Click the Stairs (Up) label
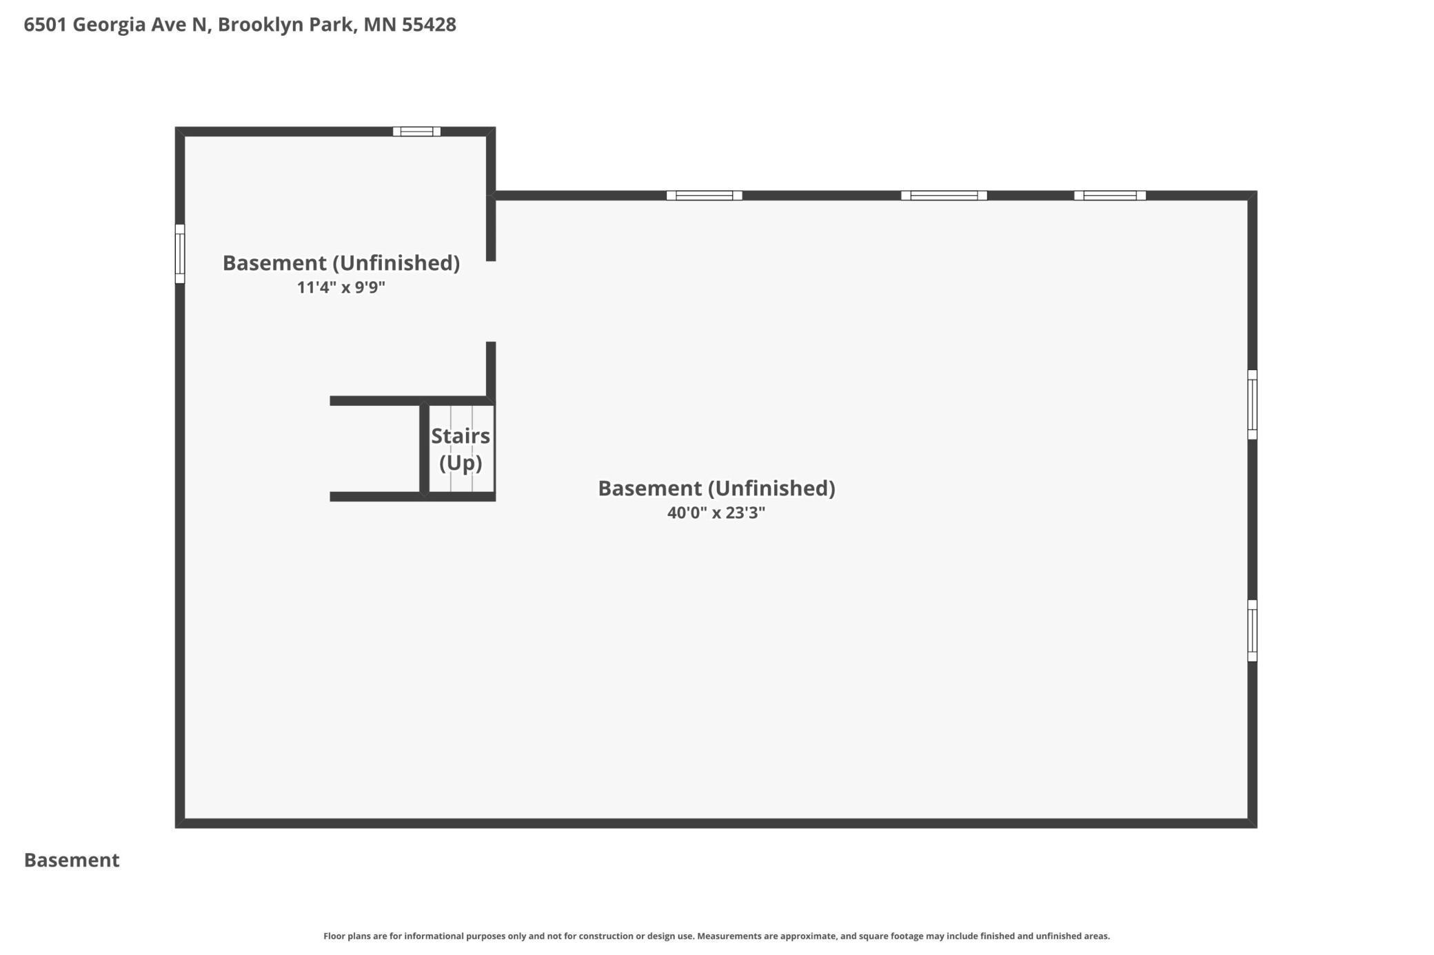pyautogui.click(x=461, y=449)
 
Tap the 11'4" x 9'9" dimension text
pyautogui.click(x=341, y=287)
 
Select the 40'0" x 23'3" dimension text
pyautogui.click(x=716, y=513)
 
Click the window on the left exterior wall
pyautogui.click(x=180, y=254)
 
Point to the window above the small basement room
pyautogui.click(x=416, y=132)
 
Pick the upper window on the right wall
pyautogui.click(x=1252, y=404)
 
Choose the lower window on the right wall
pyautogui.click(x=1252, y=630)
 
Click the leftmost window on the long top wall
pyautogui.click(x=704, y=196)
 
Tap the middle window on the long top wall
pyautogui.click(x=944, y=196)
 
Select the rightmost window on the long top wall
pyautogui.click(x=1110, y=196)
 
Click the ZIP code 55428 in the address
pyautogui.click(x=429, y=25)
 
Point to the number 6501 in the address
pyautogui.click(x=46, y=25)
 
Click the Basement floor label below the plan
pyautogui.click(x=72, y=860)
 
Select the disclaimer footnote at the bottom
pyautogui.click(x=716, y=936)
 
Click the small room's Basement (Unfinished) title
pyautogui.click(x=341, y=263)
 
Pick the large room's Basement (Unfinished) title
pyautogui.click(x=716, y=489)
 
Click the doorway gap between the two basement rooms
pyautogui.click(x=491, y=301)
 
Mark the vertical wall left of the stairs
pyautogui.click(x=424, y=449)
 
